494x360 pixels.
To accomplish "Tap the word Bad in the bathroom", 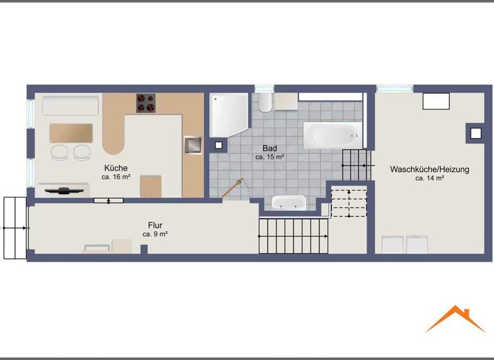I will click(x=270, y=148).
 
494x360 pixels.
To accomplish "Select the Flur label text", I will click(x=155, y=226).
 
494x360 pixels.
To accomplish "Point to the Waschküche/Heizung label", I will click(x=429, y=170).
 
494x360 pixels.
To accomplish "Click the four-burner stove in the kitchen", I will click(x=146, y=103).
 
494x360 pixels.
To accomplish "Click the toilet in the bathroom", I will click(x=264, y=102).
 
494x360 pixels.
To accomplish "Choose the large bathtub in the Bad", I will click(x=331, y=136).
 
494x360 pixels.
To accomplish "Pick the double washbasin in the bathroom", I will click(x=289, y=203).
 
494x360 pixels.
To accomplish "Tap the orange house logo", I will click(x=455, y=319).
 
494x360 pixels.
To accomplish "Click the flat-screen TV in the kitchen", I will click(x=63, y=190).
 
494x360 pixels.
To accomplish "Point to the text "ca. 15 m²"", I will click(x=270, y=156).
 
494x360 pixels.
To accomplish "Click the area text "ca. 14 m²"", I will click(x=429, y=178).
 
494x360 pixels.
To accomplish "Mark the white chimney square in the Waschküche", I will click(x=475, y=134).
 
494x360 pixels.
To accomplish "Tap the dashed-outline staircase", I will click(x=348, y=203).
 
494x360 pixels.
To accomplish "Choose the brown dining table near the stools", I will click(x=71, y=133).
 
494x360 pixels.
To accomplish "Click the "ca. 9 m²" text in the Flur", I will click(x=155, y=234).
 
